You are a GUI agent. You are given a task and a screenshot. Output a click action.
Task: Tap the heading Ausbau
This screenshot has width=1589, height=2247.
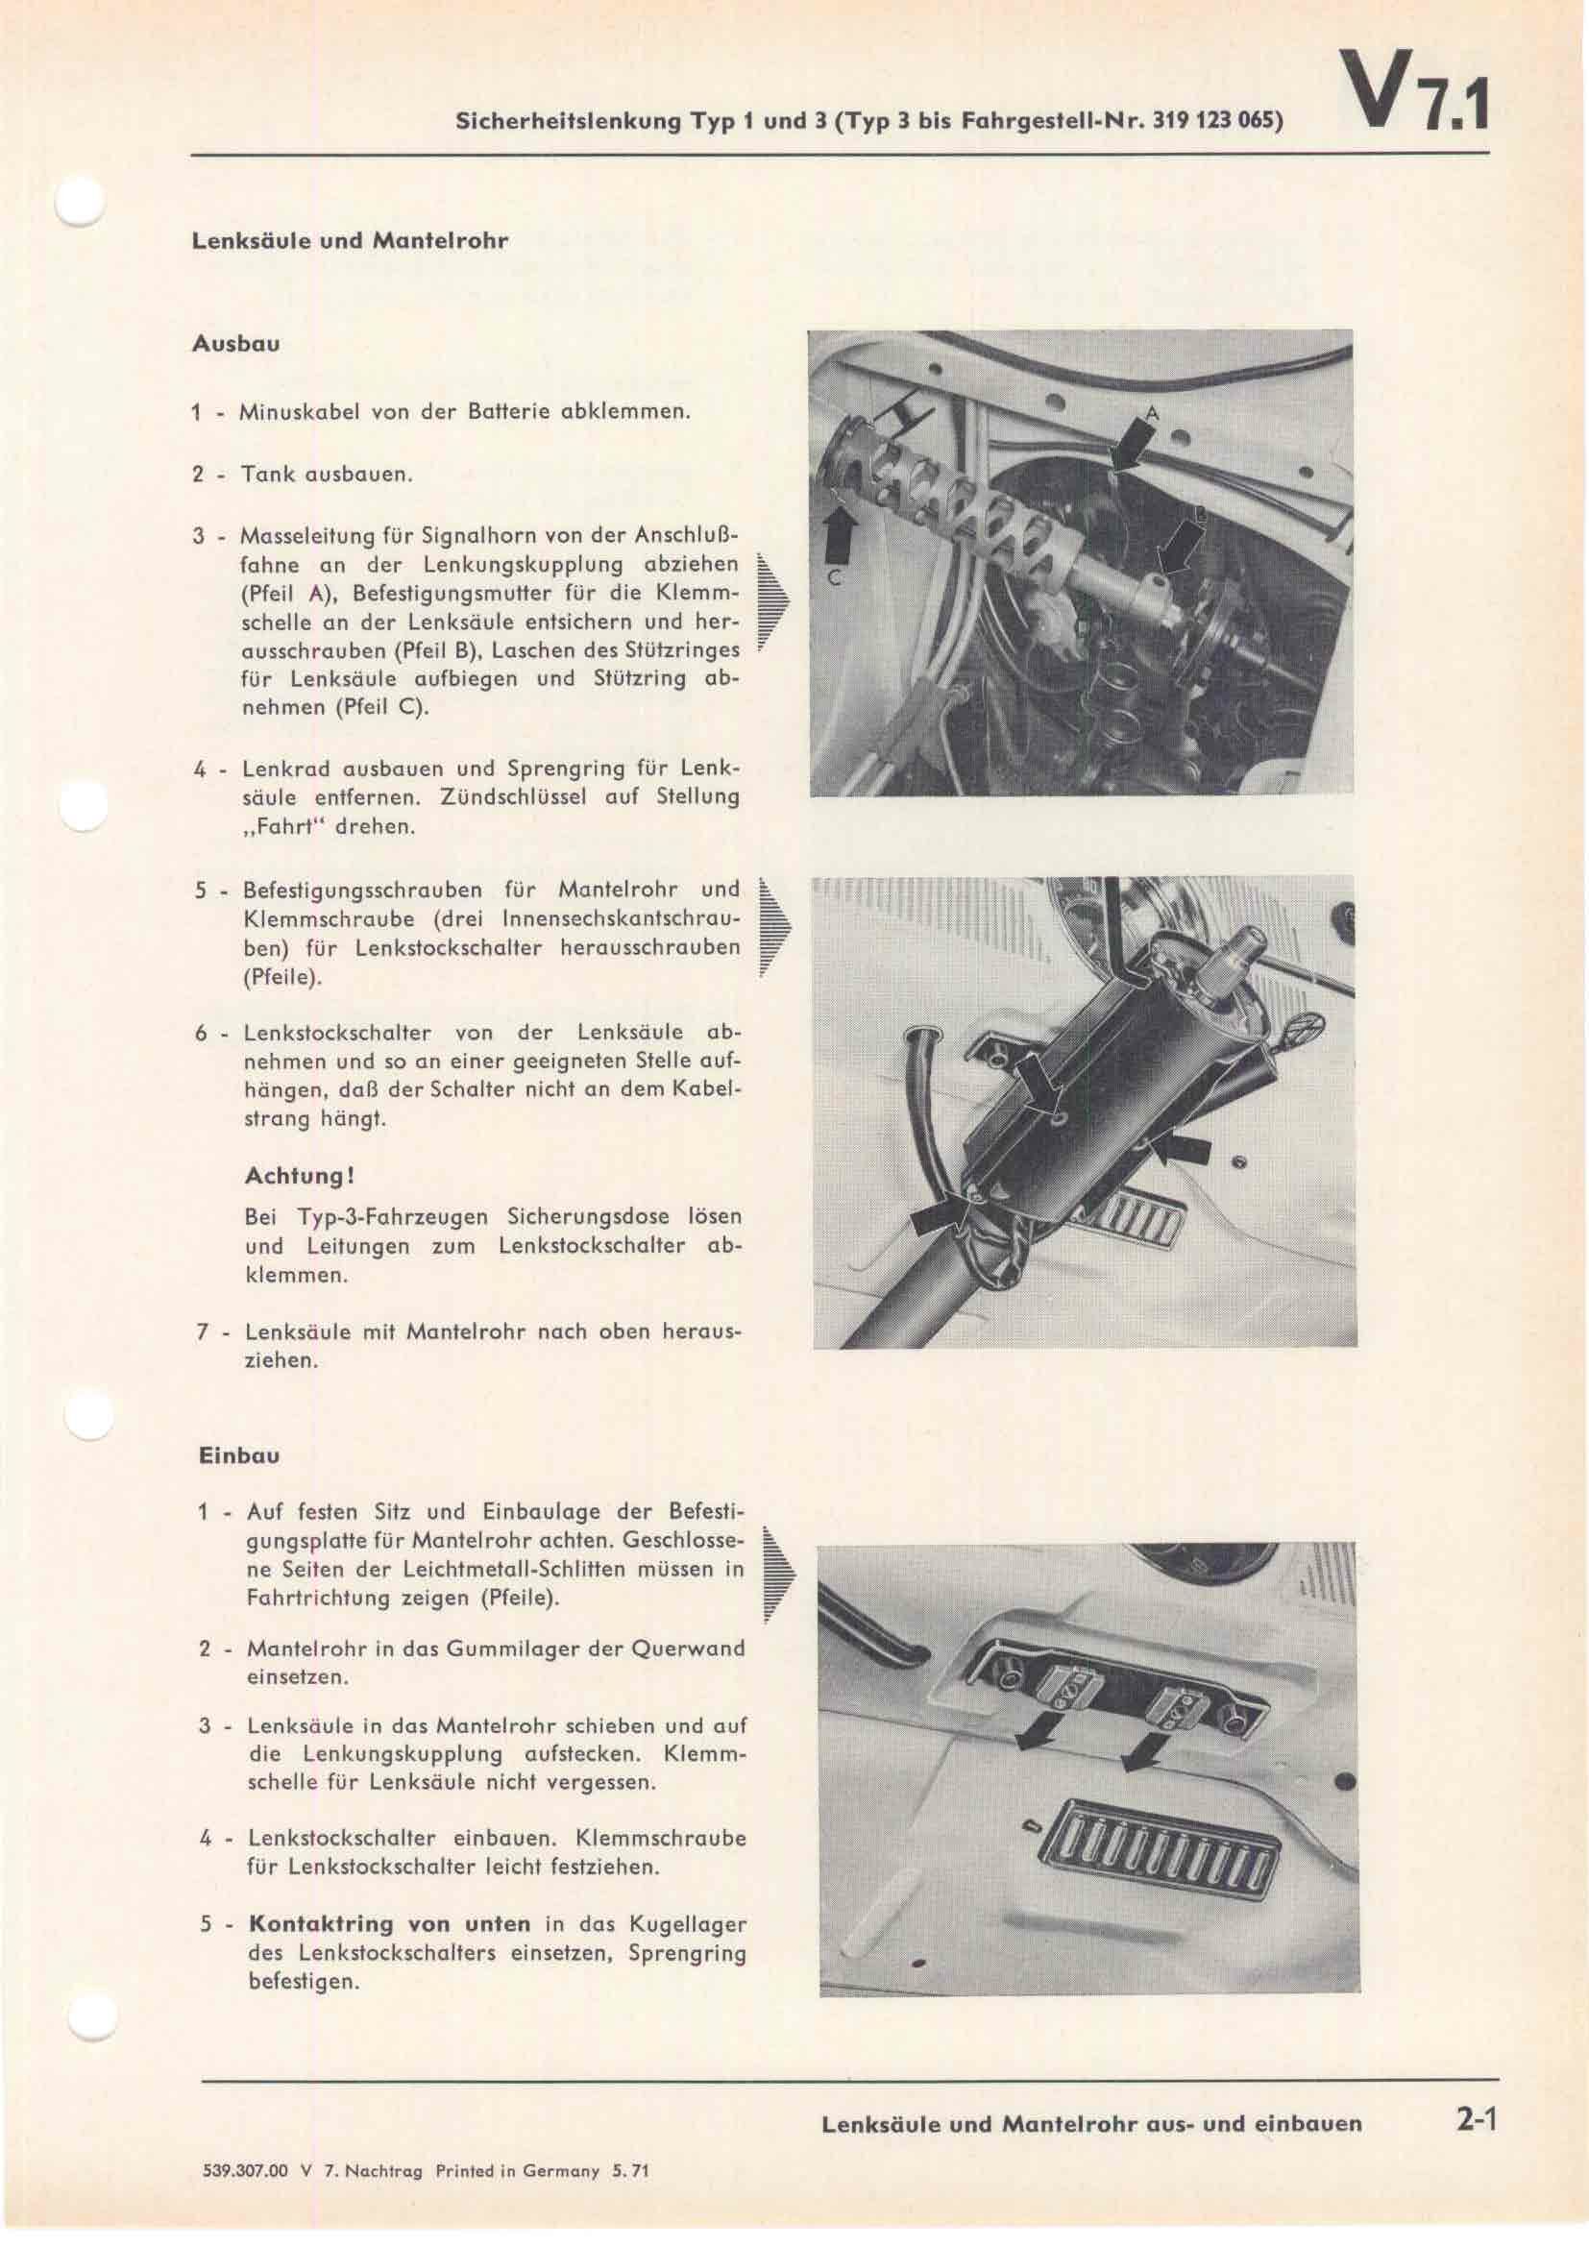click(x=236, y=345)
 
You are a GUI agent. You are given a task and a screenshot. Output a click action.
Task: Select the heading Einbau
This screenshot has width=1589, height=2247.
click(x=239, y=1455)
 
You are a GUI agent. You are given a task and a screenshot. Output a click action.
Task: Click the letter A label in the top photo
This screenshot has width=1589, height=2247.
click(x=1152, y=415)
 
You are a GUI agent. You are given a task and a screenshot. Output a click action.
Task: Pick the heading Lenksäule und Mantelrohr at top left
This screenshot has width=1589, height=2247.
click(x=350, y=241)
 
